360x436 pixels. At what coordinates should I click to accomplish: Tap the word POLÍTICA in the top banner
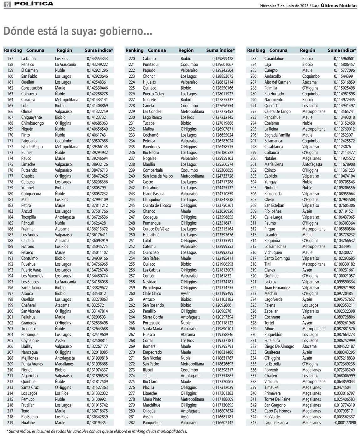pos(33,4)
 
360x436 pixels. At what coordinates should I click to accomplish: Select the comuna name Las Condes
pos(152,112)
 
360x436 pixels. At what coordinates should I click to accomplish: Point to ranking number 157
pos(10,59)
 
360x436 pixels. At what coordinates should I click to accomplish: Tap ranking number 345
pos(253,423)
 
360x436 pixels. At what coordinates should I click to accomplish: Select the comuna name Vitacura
pos(271,381)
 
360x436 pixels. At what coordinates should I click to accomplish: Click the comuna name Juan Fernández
pos(277,288)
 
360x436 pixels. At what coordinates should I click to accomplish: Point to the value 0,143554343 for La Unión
pos(97,59)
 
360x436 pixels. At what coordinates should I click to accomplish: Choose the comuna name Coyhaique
pos(30,340)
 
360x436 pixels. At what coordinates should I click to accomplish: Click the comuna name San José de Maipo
pos(157,176)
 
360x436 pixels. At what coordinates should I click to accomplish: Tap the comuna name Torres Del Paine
pos(277,399)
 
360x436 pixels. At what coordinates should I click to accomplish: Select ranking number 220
pos(132,59)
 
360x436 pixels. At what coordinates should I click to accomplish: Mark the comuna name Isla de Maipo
pos(32,147)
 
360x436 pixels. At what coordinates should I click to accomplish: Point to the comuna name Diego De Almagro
pos(279,346)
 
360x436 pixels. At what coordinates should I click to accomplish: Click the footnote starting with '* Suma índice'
pos(97,431)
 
